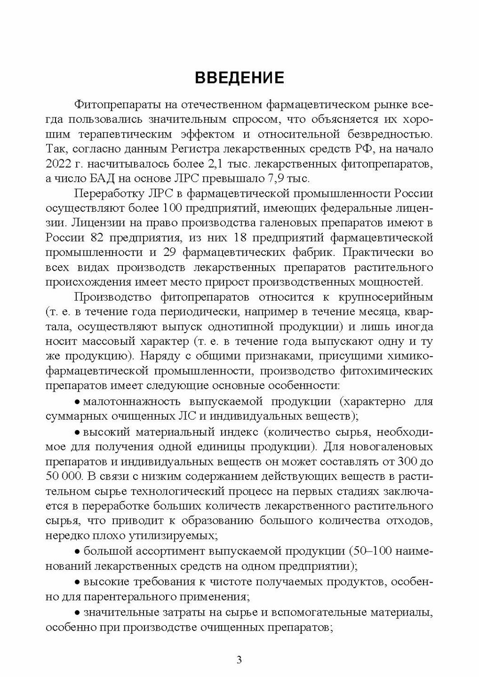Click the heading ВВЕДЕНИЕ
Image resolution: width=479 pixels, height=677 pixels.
pyautogui.click(x=239, y=78)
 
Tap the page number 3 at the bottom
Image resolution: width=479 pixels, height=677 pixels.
pyautogui.click(x=239, y=660)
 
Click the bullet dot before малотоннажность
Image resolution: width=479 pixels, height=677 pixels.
pyautogui.click(x=77, y=402)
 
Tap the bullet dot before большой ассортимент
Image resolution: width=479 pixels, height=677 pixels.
pyautogui.click(x=77, y=552)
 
